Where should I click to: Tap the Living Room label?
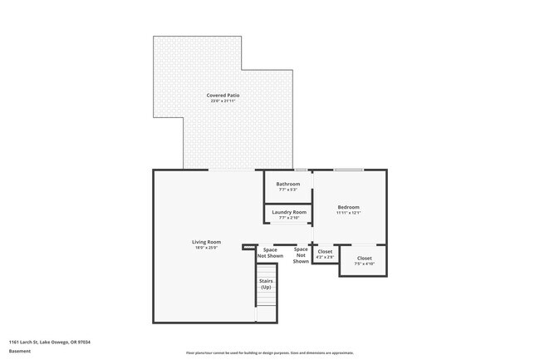206,242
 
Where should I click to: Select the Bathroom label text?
288,184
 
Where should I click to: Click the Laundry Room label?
288,212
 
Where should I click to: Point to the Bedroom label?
348,206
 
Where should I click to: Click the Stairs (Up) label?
267,284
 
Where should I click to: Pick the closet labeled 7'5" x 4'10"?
365,259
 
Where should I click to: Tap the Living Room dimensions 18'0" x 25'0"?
206,248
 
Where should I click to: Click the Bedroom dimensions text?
348,213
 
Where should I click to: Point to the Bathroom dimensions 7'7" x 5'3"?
288,190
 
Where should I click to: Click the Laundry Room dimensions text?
288,218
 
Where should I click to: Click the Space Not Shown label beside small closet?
301,254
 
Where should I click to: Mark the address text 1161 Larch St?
50,342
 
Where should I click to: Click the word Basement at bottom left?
20,351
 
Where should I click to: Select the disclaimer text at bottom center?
269,353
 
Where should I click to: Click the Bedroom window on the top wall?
348,170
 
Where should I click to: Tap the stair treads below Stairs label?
267,308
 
